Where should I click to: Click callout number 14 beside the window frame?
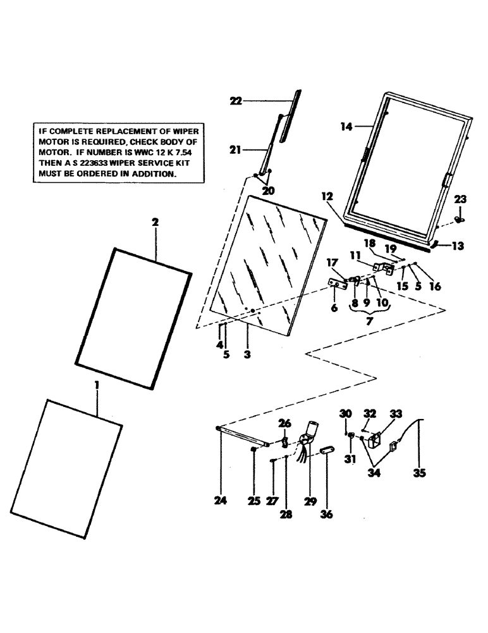(x=346, y=127)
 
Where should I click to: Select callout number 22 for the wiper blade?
(x=236, y=101)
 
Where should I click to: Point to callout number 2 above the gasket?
(x=156, y=222)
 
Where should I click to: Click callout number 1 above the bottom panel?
(x=97, y=384)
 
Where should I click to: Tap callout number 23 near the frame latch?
(x=460, y=199)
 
